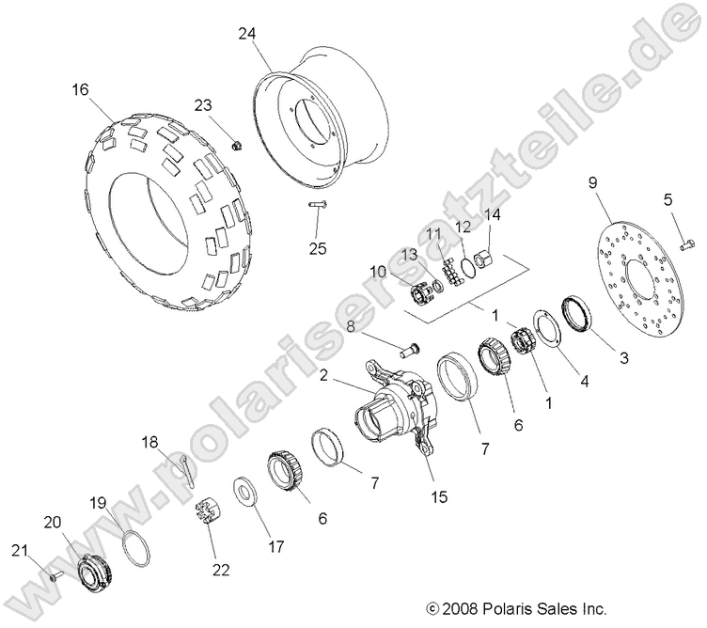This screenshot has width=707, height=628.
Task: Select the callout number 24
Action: click(247, 34)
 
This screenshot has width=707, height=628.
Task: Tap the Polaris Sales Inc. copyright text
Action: click(516, 608)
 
